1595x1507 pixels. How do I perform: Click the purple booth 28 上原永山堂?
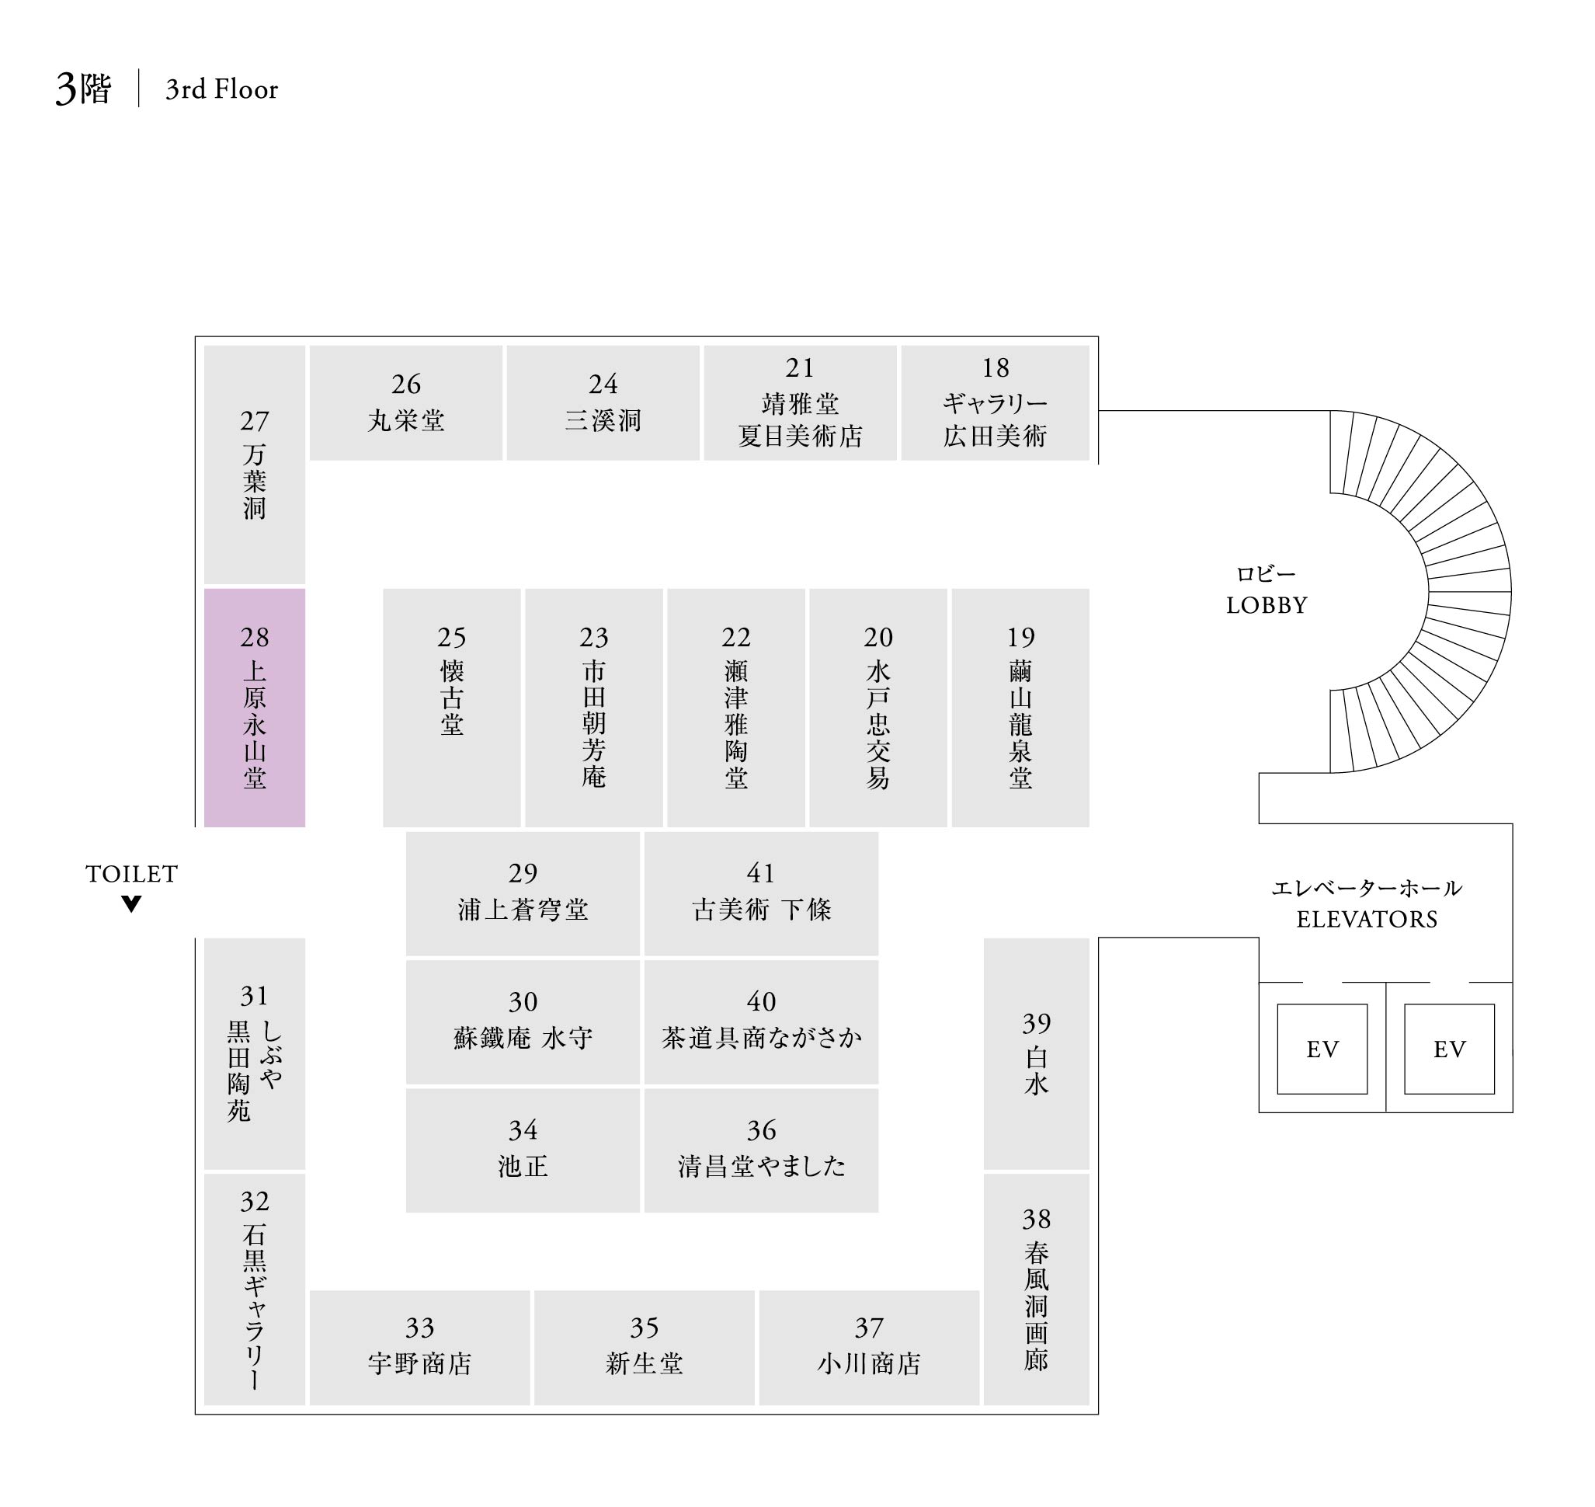pos(254,707)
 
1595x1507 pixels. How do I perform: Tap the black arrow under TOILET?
pos(132,903)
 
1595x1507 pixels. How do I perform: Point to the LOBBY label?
pos(1267,605)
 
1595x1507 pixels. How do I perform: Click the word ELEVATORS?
pos(1367,919)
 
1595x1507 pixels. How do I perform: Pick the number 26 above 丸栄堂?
pos(406,384)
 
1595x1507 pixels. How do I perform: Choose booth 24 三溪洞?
pos(603,402)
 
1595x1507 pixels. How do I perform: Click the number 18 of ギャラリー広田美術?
pos(995,368)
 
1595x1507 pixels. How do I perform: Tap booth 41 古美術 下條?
pos(760,893)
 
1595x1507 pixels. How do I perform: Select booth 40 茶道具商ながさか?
pos(760,1021)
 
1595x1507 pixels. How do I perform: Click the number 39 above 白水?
pos(1036,1022)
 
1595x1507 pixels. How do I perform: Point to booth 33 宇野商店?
pos(419,1347)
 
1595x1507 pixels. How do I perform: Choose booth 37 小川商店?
pos(868,1347)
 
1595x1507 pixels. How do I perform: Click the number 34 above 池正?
pos(523,1130)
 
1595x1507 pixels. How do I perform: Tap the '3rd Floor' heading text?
pos(221,89)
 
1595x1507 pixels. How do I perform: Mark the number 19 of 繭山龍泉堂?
pos(1021,637)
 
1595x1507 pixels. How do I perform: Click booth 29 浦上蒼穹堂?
pos(523,893)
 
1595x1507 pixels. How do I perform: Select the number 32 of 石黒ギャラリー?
pos(255,1201)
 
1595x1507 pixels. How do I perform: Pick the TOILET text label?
pos(132,873)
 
